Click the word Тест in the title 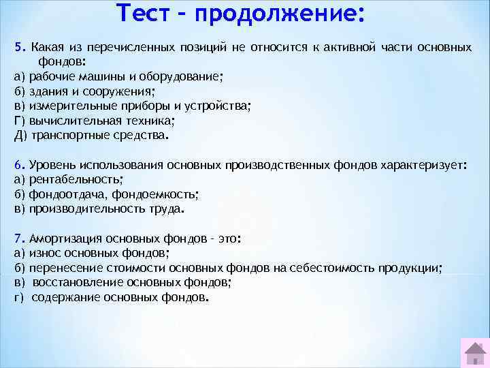point(147,14)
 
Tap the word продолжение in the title point(279,14)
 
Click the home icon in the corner point(474,353)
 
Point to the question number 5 point(18,48)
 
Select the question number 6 point(18,165)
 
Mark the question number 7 point(18,239)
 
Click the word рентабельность point(75,179)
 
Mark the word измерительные point(68,106)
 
